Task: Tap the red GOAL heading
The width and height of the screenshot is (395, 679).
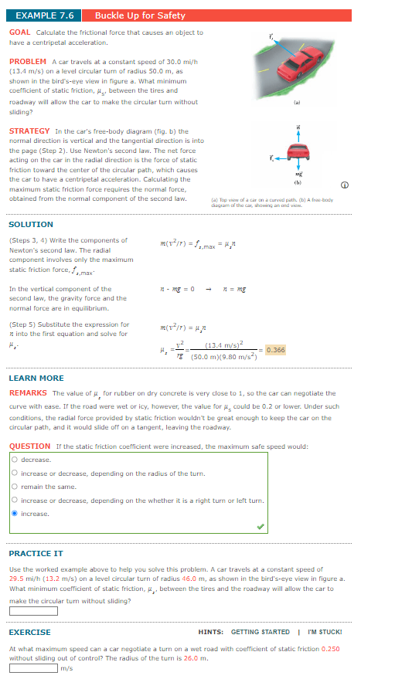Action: pyautogui.click(x=20, y=32)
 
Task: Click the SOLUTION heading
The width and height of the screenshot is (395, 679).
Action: pyautogui.click(x=31, y=224)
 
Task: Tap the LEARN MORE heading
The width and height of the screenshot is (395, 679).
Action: pyautogui.click(x=36, y=378)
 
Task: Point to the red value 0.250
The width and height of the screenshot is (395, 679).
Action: pyautogui.click(x=330, y=649)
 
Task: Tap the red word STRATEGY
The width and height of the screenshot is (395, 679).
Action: pyautogui.click(x=29, y=131)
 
